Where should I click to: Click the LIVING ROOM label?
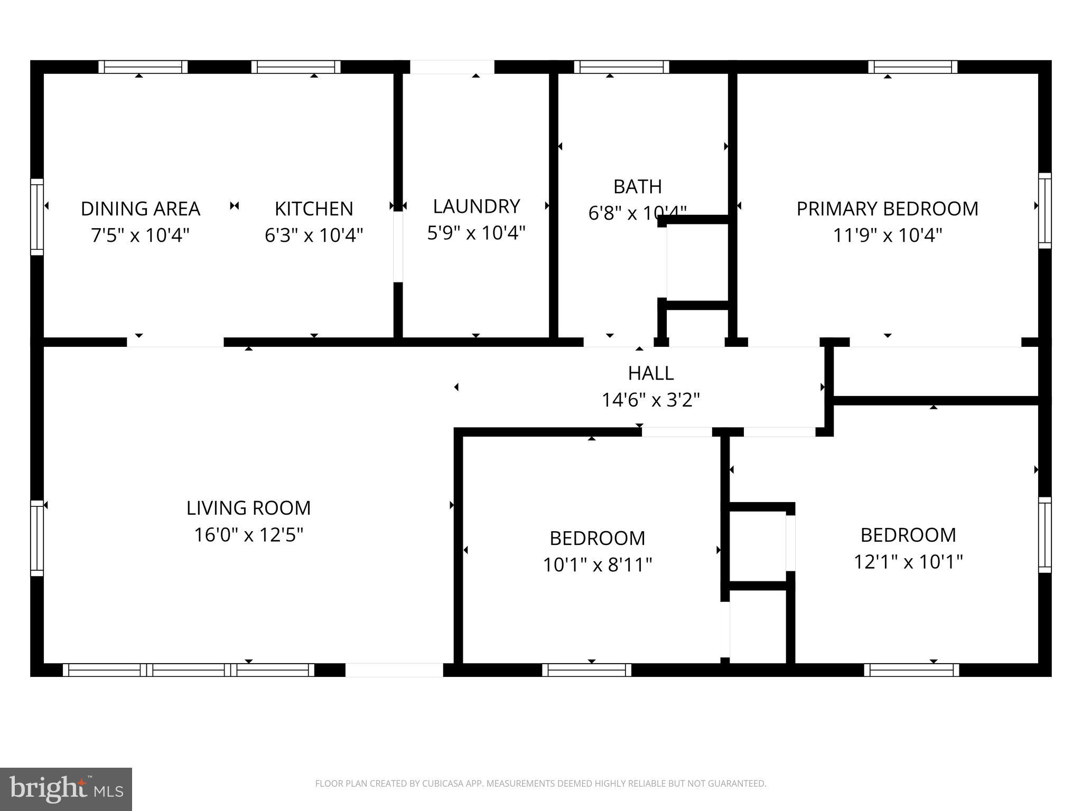click(248, 508)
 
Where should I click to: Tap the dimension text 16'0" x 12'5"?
click(248, 535)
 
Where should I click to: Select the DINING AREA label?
click(141, 209)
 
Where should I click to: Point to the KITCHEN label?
click(314, 209)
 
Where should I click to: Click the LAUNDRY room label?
click(476, 206)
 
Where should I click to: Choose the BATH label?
click(637, 186)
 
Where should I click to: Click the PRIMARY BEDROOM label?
click(887, 209)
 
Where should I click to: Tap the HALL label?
click(650, 373)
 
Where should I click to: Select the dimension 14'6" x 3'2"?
click(650, 400)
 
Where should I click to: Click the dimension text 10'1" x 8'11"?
click(597, 565)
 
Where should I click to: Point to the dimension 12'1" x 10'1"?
click(908, 561)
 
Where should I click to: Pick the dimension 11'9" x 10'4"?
click(887, 235)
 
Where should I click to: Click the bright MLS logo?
click(66, 789)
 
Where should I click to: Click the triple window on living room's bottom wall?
click(189, 670)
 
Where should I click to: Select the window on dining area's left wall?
click(36, 217)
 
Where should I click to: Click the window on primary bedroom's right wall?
click(1044, 210)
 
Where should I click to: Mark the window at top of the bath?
click(621, 67)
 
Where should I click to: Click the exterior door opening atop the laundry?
click(452, 67)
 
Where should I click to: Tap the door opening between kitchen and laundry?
click(398, 247)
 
